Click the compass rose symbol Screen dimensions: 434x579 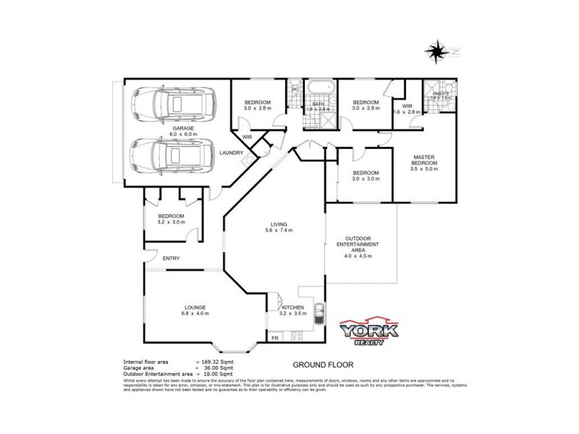(437, 51)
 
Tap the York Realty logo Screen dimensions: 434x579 (369, 329)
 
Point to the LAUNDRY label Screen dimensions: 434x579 (232, 153)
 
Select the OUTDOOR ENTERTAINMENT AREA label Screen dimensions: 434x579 (360, 244)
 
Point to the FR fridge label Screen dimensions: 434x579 (275, 338)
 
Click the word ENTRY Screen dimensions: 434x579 (171, 258)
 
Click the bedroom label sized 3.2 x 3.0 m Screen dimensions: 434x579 (172, 218)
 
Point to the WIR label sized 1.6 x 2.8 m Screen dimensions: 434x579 (408, 109)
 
